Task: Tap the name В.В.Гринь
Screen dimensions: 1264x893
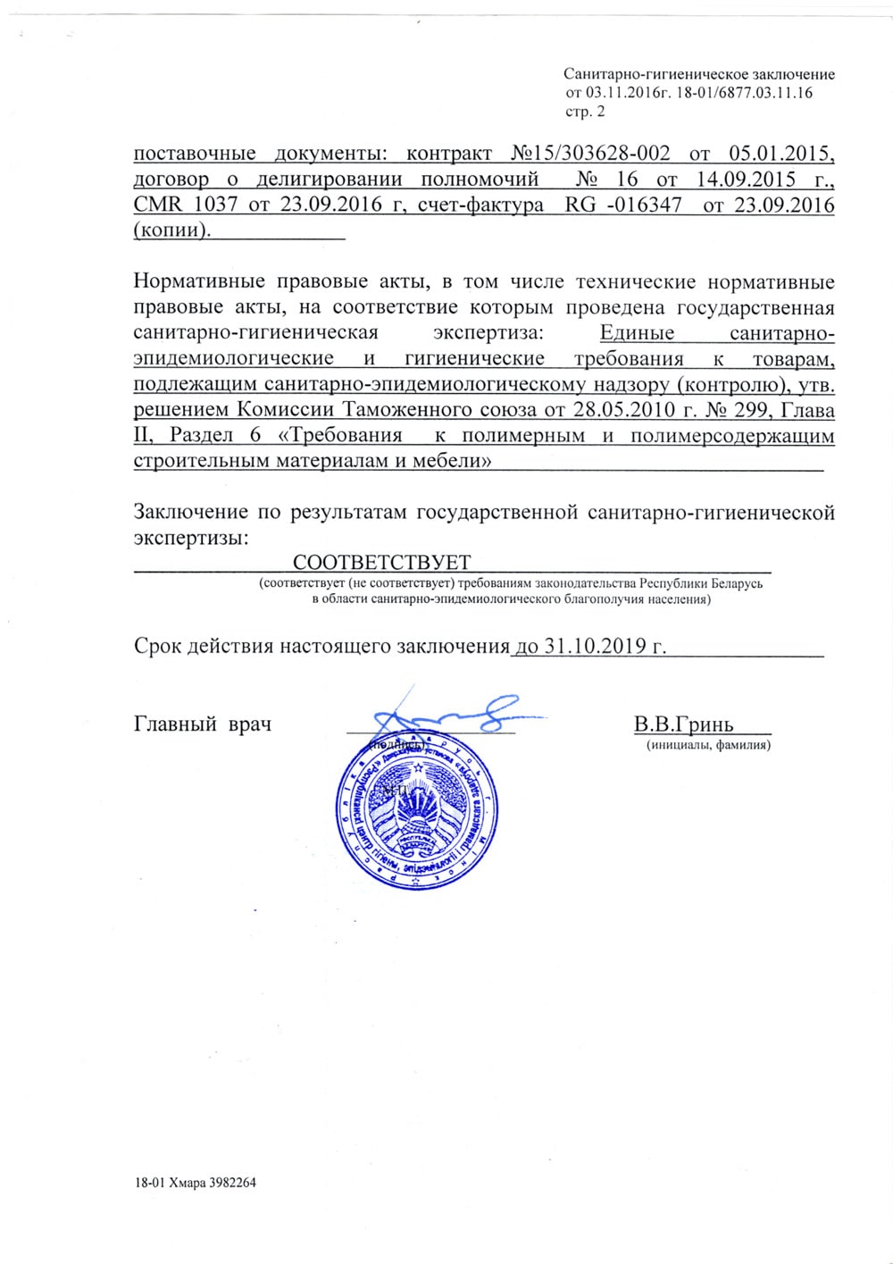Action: click(683, 724)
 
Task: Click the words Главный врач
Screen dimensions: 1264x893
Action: click(203, 724)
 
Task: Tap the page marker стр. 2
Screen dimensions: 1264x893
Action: click(585, 112)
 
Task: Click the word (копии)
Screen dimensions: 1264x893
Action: click(173, 230)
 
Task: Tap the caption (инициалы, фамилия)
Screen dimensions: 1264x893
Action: click(707, 744)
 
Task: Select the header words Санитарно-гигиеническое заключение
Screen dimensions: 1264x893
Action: click(699, 75)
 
